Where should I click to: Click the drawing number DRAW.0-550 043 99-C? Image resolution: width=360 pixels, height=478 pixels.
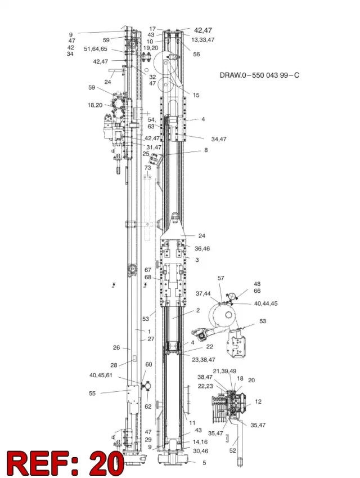coord(259,75)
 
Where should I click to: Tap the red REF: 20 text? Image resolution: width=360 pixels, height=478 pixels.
coord(65,463)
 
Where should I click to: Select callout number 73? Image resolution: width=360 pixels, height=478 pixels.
coord(147,168)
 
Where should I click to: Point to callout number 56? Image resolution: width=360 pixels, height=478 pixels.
coord(196,54)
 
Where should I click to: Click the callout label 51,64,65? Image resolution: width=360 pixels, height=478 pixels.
coord(96,49)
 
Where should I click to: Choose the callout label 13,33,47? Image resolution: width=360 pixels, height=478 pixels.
coord(203,39)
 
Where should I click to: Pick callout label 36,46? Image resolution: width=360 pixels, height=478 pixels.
coord(202,248)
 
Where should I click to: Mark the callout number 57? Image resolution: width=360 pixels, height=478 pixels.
coord(221,278)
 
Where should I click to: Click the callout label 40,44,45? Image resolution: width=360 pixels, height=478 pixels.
coord(266,303)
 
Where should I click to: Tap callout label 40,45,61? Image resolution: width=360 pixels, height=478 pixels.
coord(101,376)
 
